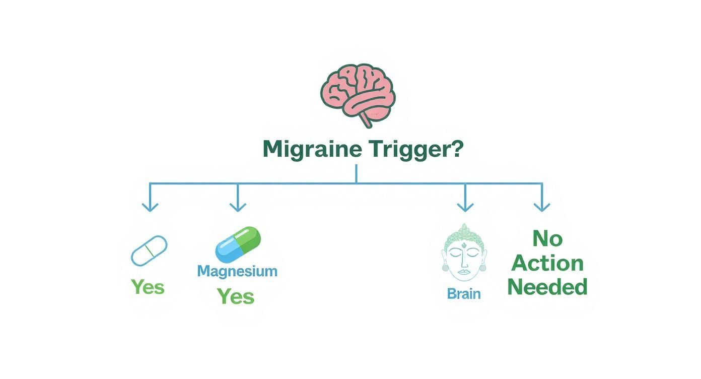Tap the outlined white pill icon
click(149, 250)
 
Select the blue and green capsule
click(238, 245)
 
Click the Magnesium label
click(237, 271)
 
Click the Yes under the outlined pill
click(148, 287)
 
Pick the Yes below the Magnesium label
click(235, 296)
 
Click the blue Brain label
click(464, 294)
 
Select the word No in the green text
click(547, 238)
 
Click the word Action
click(547, 263)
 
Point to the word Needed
click(547, 287)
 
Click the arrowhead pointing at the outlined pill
click(150, 207)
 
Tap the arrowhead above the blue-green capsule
click(238, 207)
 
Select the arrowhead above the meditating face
click(465, 207)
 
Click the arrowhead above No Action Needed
click(542, 207)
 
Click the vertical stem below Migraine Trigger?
click(356, 173)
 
